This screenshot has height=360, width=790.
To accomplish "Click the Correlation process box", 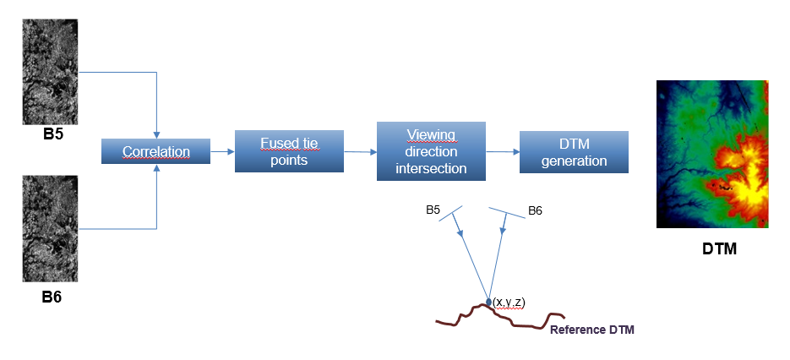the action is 155,151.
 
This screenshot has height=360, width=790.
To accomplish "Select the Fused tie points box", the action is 289,151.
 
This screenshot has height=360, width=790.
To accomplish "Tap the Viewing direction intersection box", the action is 431,151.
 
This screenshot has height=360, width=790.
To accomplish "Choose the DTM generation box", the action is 574,152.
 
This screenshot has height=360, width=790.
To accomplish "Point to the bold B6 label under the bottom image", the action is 52,297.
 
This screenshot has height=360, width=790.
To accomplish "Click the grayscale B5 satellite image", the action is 50,72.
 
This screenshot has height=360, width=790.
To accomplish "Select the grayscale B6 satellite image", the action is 50,228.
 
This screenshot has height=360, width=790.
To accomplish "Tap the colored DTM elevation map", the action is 712,154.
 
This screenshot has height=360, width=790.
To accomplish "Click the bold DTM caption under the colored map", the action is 720,248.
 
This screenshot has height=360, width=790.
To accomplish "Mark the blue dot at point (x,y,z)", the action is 488,302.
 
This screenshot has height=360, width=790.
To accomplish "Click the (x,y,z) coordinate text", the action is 509,303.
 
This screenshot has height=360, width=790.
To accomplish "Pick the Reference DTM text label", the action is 592,330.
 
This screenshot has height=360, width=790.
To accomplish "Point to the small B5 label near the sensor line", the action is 433,210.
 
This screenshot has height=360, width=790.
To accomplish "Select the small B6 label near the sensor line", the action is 535,210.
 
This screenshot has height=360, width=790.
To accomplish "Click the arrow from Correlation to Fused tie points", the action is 222,151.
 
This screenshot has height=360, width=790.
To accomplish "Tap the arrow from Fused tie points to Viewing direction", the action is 360,151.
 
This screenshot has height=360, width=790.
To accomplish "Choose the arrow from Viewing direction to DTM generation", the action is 503,151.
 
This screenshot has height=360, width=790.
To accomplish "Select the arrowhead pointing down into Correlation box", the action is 156,135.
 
